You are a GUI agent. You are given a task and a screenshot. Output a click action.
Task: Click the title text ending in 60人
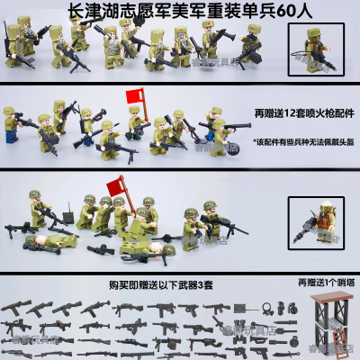pyautogui.click(x=180, y=9)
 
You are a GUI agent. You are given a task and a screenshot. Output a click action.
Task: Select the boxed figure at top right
pyautogui.click(x=323, y=44)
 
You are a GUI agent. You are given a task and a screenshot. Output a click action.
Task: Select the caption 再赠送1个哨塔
pyautogui.click(x=319, y=281)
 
